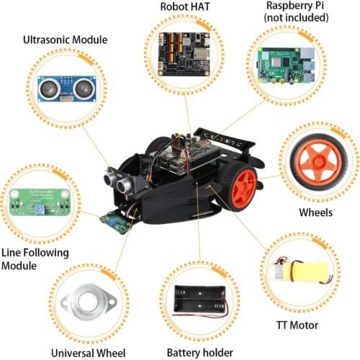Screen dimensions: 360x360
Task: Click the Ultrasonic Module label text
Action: coord(66,40)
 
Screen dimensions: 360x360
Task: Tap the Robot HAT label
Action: coord(185,6)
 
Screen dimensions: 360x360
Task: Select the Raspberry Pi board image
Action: coord(287,66)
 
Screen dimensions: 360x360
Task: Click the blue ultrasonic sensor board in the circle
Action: coord(67,89)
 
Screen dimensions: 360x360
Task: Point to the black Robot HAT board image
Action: coord(184,54)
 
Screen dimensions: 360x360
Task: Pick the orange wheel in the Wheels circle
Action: coord(319,162)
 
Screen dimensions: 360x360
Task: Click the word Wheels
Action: coord(315,212)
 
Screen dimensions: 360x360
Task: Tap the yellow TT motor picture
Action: coord(302,271)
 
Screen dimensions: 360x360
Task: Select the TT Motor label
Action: coord(297,325)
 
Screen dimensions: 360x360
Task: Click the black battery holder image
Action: coord(200,300)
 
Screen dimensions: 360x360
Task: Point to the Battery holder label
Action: coord(200,353)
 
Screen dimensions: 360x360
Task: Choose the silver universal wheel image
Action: coord(89,302)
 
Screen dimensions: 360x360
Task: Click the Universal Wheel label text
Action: coord(89,353)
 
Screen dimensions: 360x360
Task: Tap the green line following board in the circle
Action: coord(40,202)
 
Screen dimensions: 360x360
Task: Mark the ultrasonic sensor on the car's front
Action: coord(118,181)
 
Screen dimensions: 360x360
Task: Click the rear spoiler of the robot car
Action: coord(225,139)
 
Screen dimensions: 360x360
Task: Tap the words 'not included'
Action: coord(297,17)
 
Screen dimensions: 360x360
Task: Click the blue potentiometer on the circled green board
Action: coord(39,210)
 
